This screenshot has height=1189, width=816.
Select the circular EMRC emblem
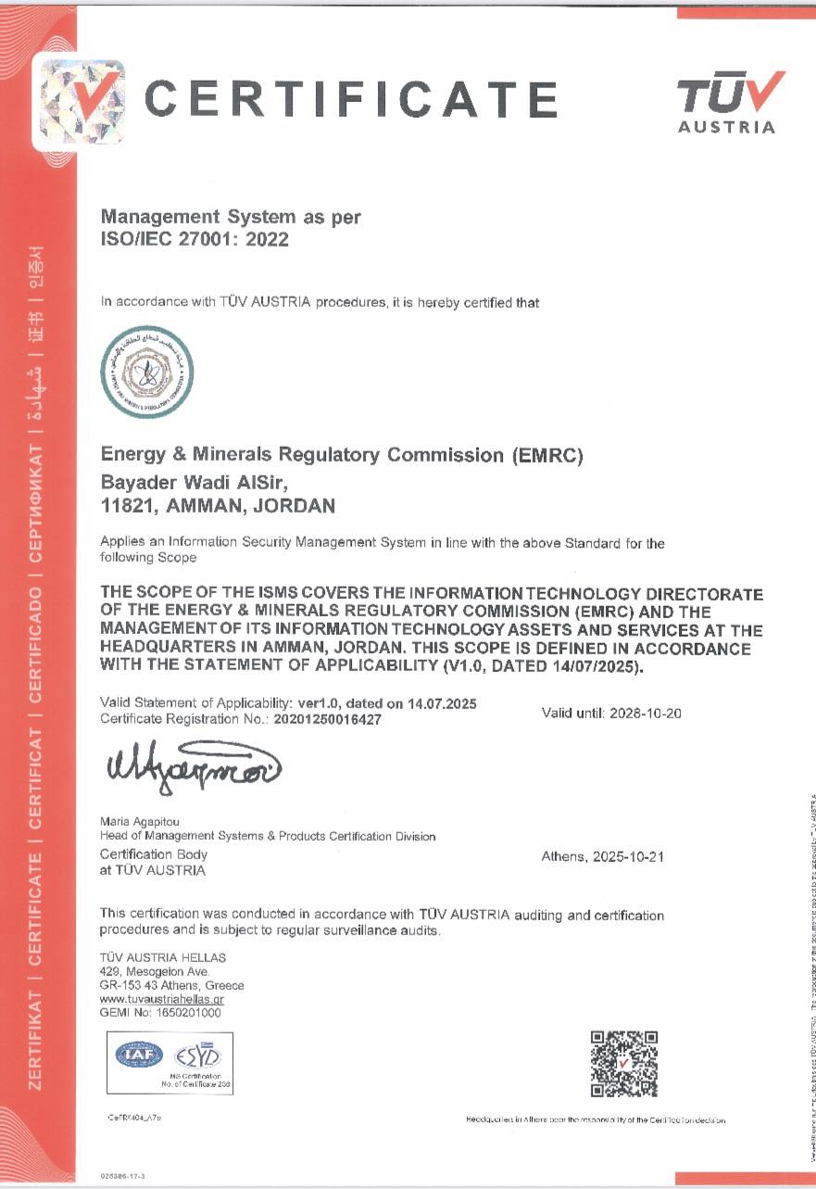146,372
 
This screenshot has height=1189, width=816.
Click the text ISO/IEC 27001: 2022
195,239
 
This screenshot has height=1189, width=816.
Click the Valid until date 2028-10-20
611,714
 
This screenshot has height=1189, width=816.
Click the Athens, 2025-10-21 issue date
602,857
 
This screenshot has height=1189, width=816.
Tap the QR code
624,1063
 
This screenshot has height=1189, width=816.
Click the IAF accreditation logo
139,1054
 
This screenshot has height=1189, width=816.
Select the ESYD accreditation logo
195,1055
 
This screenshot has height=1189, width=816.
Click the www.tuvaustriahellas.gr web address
162,1000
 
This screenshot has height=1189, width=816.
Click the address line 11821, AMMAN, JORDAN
217,506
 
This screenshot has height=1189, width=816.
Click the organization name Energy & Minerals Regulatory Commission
342,455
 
